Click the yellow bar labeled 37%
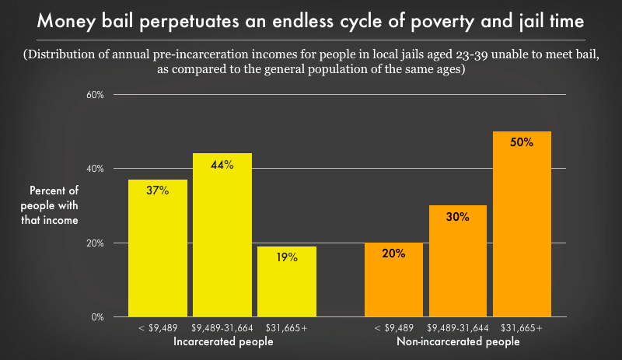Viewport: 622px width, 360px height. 158,248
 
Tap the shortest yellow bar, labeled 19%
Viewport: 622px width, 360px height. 287,281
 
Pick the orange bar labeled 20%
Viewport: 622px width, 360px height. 394,280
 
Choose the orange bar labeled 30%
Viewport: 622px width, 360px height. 458,261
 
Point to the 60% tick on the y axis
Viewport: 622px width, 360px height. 105,95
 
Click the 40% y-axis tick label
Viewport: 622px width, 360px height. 105,169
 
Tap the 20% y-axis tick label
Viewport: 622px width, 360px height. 105,243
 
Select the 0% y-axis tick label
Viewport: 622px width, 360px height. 107,317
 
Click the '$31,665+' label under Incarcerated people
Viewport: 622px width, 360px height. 287,328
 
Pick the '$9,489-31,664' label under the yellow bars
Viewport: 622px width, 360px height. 222,328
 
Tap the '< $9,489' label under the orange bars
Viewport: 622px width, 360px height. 393,328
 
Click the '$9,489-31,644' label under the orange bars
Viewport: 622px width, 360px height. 458,328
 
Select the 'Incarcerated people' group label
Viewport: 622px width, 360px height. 223,342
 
